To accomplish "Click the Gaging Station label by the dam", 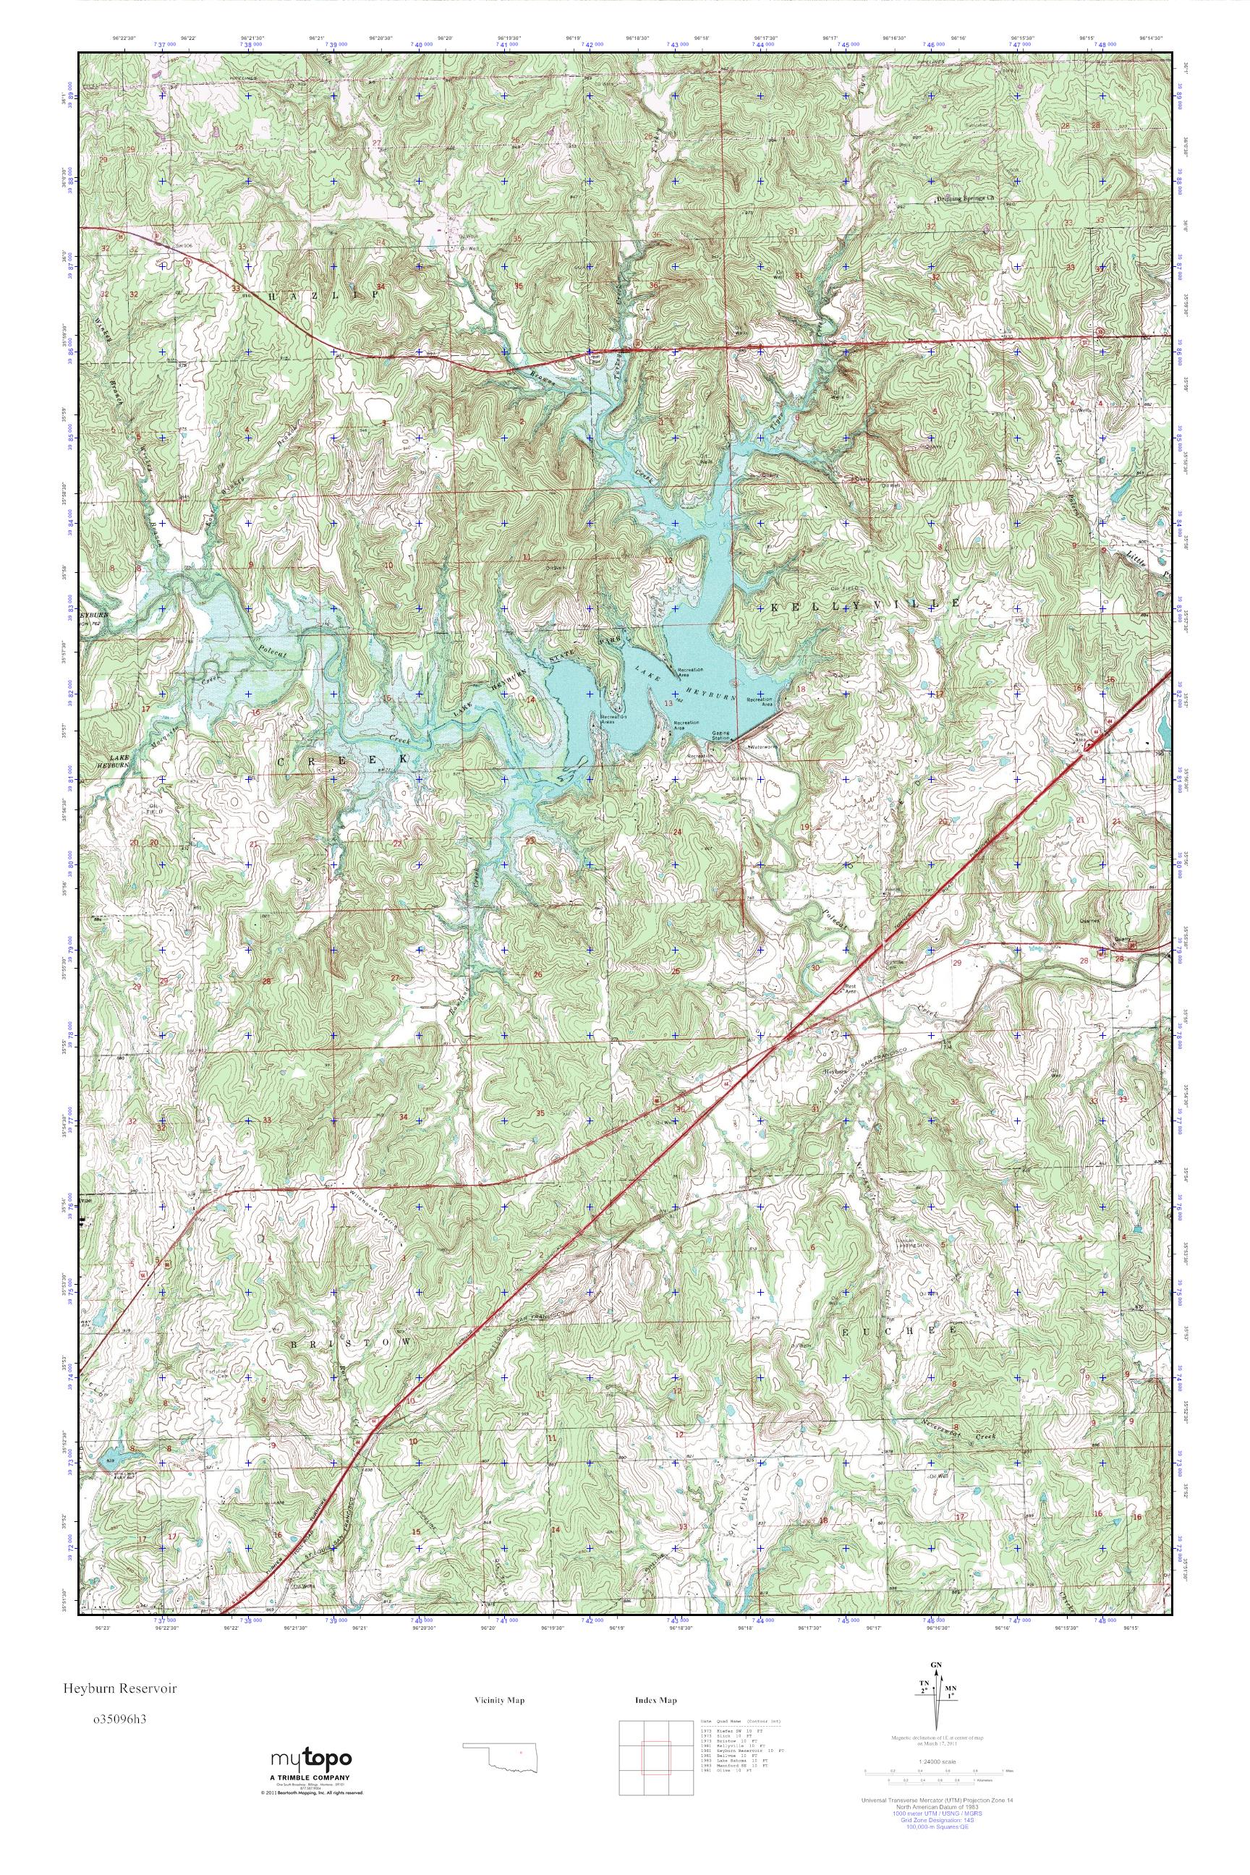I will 721,734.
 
